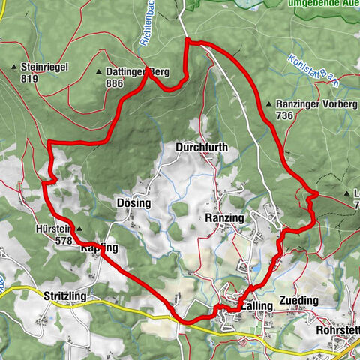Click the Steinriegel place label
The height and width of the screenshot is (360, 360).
[46, 67]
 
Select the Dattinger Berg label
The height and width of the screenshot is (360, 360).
[139, 72]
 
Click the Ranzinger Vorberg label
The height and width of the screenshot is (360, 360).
[316, 104]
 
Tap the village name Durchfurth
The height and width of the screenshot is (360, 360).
[201, 148]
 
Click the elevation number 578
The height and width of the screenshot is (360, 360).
[64, 241]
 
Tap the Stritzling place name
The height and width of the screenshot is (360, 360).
[65, 297]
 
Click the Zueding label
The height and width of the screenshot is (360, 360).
[298, 300]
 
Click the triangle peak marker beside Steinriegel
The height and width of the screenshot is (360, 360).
[14, 67]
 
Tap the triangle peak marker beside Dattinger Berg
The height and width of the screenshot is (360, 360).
[100, 72]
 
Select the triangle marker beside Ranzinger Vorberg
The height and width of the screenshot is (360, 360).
[268, 104]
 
